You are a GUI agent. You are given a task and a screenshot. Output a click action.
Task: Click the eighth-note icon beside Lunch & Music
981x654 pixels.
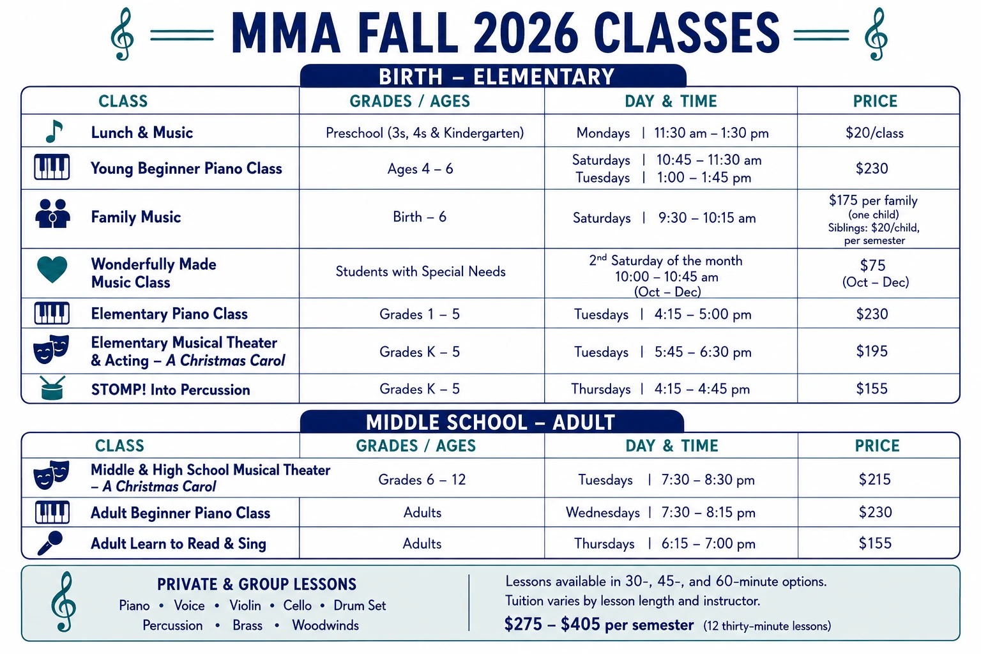[54, 132]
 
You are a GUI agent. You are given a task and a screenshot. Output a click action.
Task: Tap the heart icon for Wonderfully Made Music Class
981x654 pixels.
[52, 269]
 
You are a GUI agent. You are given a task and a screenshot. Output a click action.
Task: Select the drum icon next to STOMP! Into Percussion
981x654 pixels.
[52, 388]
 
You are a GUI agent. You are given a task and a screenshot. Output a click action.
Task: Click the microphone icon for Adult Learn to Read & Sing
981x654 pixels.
[50, 543]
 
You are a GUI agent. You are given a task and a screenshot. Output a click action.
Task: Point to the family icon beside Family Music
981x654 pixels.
[52, 214]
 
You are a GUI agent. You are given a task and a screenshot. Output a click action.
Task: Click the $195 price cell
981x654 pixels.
[872, 351]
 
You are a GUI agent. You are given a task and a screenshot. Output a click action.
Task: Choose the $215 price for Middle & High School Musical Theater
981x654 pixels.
[874, 479]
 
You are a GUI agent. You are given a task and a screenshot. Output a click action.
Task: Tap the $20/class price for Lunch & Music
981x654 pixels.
[874, 133]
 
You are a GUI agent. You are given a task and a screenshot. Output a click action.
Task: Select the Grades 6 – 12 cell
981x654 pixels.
[422, 480]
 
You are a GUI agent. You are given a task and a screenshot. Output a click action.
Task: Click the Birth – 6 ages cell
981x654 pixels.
[420, 217]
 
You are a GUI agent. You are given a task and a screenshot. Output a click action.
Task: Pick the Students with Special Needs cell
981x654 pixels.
[420, 271]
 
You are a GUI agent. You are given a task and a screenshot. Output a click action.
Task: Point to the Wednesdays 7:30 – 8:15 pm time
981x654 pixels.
[660, 512]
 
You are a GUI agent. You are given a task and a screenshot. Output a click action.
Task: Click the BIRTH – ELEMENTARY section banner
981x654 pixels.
[493, 76]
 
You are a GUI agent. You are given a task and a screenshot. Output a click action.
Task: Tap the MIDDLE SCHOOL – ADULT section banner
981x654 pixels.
[492, 422]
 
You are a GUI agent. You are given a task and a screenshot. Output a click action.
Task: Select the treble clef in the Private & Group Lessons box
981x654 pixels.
[64, 602]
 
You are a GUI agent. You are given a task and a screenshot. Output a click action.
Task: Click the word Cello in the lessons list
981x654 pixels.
[298, 605]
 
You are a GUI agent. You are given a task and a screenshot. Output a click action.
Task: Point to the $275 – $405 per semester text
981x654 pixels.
[598, 624]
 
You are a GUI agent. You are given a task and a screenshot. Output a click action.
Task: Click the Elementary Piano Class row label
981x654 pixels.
[169, 314]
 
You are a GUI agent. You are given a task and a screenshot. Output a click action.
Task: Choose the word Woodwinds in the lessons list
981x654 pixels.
[325, 625]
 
